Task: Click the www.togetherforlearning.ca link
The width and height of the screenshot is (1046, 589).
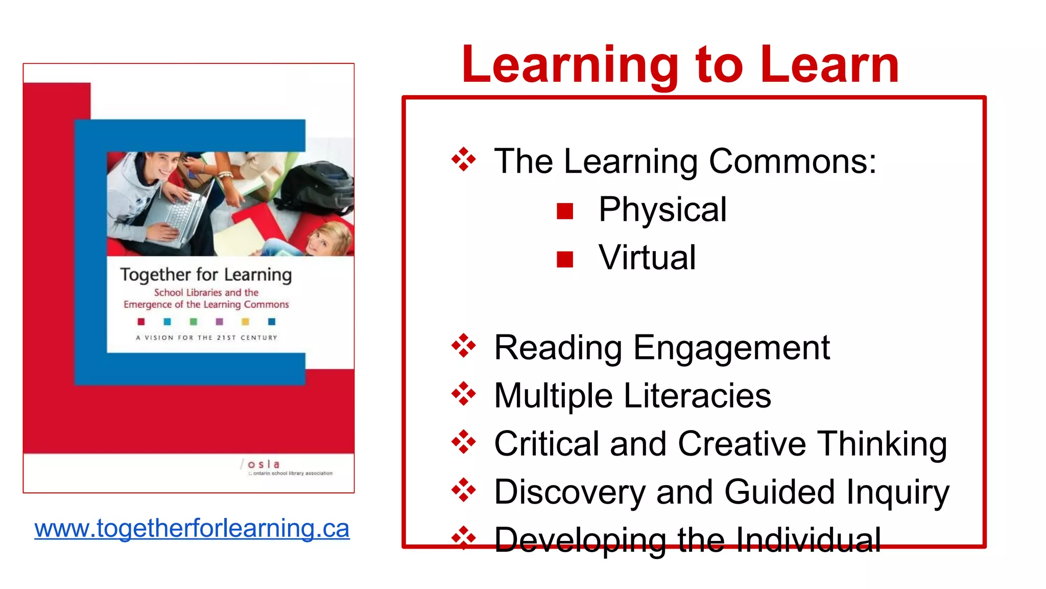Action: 192,529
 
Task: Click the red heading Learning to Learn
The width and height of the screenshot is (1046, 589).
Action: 680,65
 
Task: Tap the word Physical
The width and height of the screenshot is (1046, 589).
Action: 662,210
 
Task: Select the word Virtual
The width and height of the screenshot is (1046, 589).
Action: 647,257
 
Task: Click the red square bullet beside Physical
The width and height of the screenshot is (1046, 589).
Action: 565,211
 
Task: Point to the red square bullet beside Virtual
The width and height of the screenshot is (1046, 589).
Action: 565,259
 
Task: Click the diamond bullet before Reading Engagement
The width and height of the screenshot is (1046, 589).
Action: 463,346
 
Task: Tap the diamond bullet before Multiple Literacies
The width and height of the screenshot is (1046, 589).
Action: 463,394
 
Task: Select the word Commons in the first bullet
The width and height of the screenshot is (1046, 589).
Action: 792,162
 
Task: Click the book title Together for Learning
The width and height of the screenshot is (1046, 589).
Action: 206,275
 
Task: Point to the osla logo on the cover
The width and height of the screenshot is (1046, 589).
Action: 264,465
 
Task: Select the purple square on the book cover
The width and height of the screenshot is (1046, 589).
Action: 220,322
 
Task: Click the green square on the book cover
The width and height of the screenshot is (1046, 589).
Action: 193,322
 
